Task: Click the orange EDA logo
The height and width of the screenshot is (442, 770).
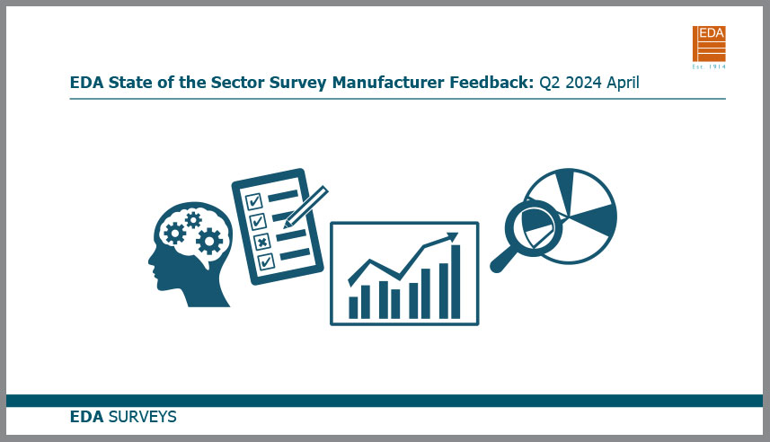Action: (x=709, y=44)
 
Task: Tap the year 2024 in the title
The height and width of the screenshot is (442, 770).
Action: (x=583, y=83)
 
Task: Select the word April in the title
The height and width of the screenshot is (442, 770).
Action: (x=623, y=83)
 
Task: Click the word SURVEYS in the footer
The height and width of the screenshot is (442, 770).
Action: (x=143, y=417)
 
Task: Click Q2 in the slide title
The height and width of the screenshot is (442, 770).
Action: (x=550, y=83)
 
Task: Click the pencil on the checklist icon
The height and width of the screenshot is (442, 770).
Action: (x=305, y=207)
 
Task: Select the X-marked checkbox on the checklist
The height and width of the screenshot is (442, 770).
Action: (x=261, y=242)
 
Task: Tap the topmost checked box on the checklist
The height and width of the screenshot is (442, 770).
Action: (x=253, y=201)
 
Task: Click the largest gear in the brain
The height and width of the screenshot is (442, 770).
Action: (x=209, y=241)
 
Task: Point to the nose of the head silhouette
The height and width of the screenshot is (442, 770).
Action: (x=150, y=261)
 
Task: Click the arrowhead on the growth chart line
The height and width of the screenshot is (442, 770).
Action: (x=452, y=237)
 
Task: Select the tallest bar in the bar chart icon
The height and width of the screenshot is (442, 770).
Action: (x=456, y=281)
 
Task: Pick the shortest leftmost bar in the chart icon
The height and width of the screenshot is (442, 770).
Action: (x=353, y=307)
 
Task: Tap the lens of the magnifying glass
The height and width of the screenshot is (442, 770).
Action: (x=535, y=228)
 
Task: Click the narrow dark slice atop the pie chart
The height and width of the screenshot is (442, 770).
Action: (x=566, y=191)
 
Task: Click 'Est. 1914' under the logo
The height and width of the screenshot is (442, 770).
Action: (x=709, y=66)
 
